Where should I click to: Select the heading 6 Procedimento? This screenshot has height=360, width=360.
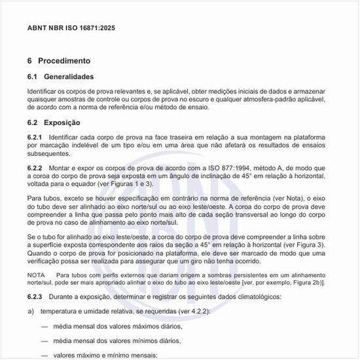(x=58, y=60)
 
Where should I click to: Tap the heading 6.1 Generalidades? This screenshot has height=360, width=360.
(x=64, y=77)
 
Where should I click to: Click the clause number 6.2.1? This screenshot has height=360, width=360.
(x=35, y=136)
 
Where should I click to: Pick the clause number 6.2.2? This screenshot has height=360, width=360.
(x=35, y=168)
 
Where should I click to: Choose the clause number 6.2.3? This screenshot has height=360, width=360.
(x=35, y=297)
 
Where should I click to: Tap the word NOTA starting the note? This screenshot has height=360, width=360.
(x=36, y=275)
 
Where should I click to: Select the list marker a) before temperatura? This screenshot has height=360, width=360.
(x=31, y=311)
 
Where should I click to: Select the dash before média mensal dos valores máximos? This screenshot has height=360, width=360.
(x=44, y=325)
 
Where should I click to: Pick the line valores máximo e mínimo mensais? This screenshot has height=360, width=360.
(x=105, y=355)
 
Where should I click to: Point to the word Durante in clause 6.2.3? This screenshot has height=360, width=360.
(x=58, y=297)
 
